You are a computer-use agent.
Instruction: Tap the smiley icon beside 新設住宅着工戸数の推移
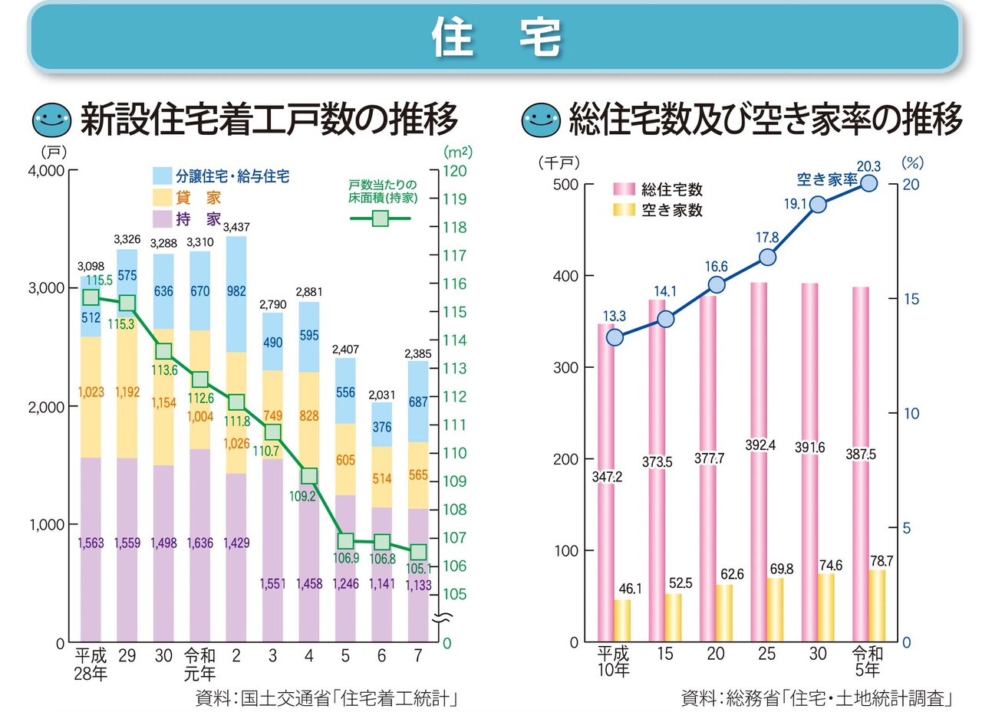pyautogui.click(x=51, y=119)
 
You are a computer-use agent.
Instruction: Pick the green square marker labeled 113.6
pyautogui.click(x=163, y=351)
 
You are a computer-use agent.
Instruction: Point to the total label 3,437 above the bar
pyautogui.click(x=236, y=227)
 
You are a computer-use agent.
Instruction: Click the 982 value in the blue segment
pyautogui.click(x=236, y=290)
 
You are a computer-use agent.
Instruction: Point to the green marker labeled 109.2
pyautogui.click(x=309, y=476)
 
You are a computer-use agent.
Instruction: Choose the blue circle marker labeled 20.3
pyautogui.click(x=869, y=183)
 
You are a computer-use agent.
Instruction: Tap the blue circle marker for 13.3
pyautogui.click(x=615, y=336)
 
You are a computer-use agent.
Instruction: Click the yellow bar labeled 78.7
pyautogui.click(x=877, y=605)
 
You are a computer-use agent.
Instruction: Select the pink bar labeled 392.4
pyautogui.click(x=759, y=460)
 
